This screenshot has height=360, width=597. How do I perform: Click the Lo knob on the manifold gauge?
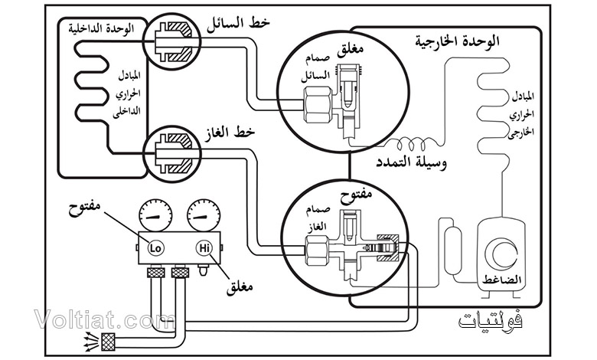coord(155,247)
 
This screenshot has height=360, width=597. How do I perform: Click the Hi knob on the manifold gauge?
coord(203,247)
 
